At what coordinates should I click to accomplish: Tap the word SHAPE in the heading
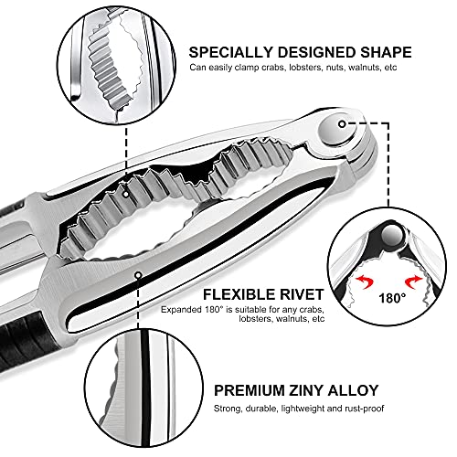click(386, 52)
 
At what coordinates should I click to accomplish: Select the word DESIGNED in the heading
click(317, 52)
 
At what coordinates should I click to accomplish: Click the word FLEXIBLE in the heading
click(236, 294)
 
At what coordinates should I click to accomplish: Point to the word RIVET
click(298, 294)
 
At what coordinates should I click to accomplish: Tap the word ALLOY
click(354, 390)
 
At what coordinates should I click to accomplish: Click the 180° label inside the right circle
click(392, 298)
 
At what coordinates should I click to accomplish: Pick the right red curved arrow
click(414, 282)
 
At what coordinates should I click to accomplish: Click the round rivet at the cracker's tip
click(338, 129)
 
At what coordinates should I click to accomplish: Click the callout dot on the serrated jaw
click(126, 194)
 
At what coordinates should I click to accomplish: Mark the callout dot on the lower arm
click(139, 275)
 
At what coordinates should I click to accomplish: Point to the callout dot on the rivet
click(342, 124)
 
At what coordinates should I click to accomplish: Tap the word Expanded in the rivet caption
click(180, 310)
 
